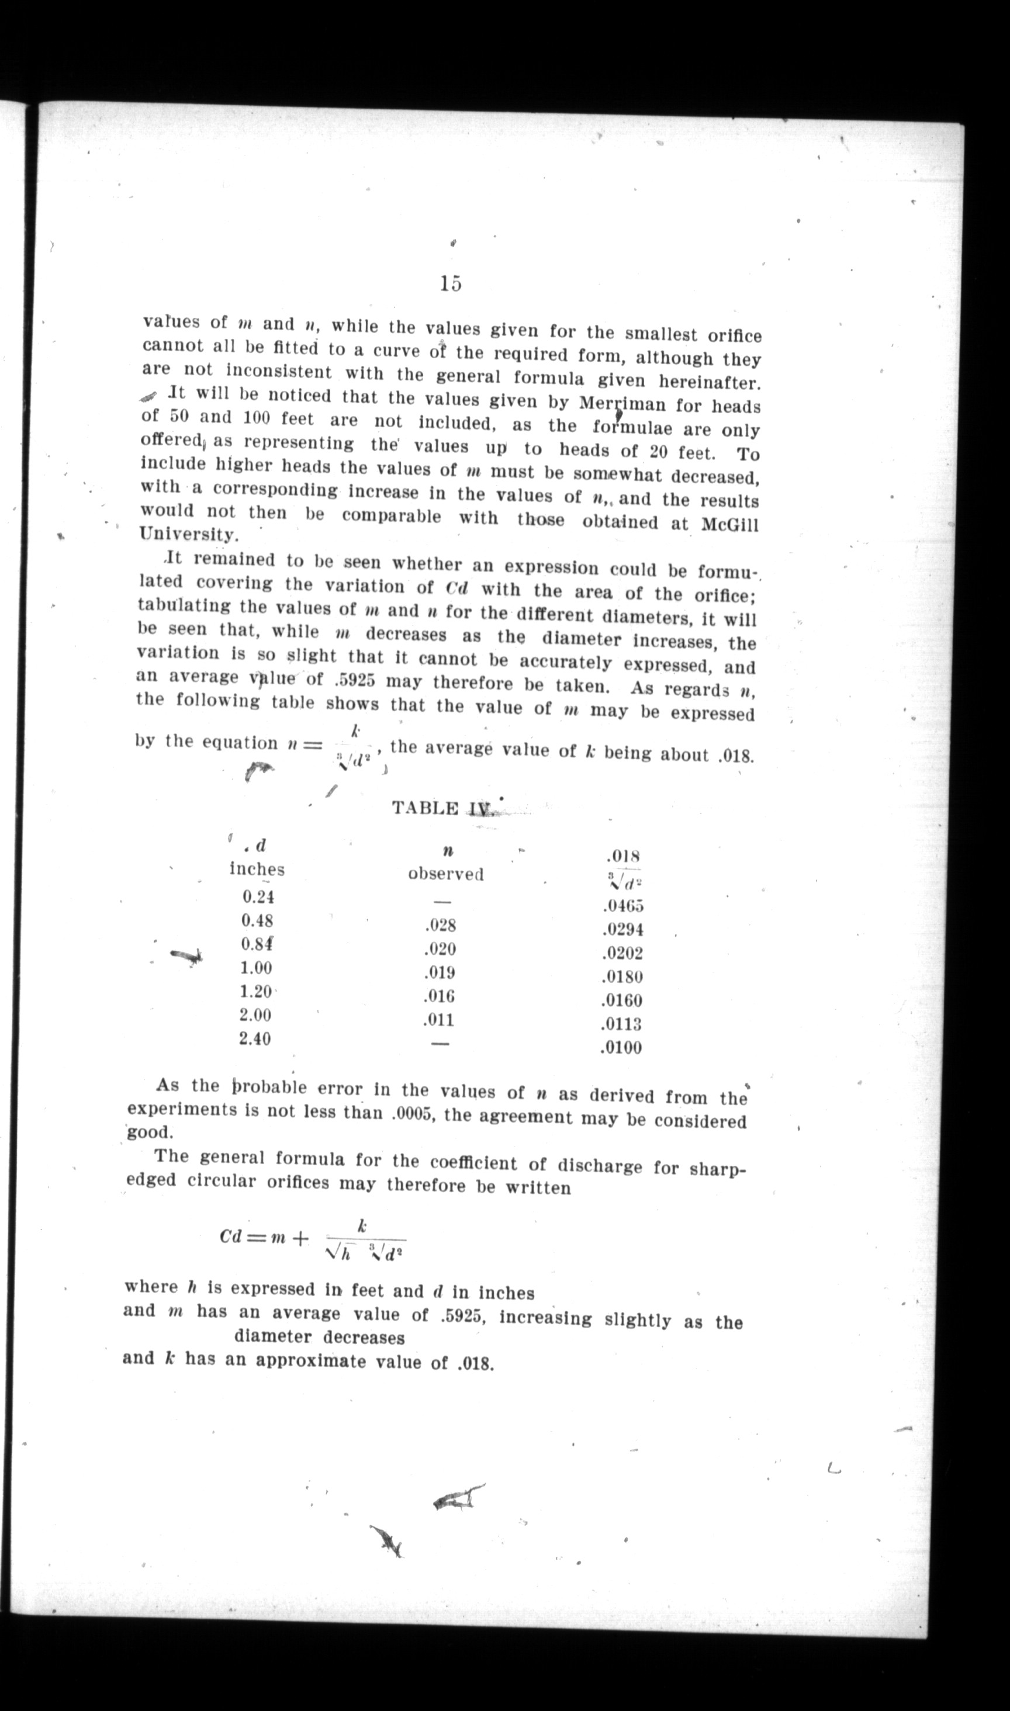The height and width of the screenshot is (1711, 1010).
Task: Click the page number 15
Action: (x=451, y=282)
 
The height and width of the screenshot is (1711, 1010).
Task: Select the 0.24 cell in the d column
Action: (x=258, y=896)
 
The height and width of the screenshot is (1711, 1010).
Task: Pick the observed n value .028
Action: (x=439, y=925)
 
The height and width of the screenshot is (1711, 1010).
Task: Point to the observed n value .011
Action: (x=438, y=1020)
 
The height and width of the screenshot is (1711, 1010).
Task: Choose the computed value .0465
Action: (x=621, y=906)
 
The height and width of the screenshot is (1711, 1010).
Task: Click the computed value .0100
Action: (x=620, y=1048)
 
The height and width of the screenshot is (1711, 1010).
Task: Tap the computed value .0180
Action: (x=621, y=977)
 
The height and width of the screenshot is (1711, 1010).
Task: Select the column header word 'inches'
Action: (x=257, y=870)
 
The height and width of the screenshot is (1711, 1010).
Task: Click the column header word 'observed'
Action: (x=446, y=874)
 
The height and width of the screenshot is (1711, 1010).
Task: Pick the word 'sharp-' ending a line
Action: (x=719, y=1169)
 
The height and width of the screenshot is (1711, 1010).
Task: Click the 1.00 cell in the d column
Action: (x=256, y=968)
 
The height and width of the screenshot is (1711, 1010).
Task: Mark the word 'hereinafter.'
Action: (x=709, y=382)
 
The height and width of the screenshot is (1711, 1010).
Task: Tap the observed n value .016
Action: (x=438, y=997)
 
